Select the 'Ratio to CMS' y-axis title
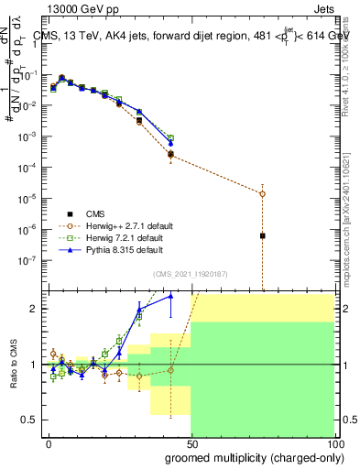coord(16,364)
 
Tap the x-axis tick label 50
coord(191,443)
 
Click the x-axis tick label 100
coord(333,443)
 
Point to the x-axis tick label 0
coord(49,443)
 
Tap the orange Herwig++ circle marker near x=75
coord(263,193)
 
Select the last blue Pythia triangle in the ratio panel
coord(170,296)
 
